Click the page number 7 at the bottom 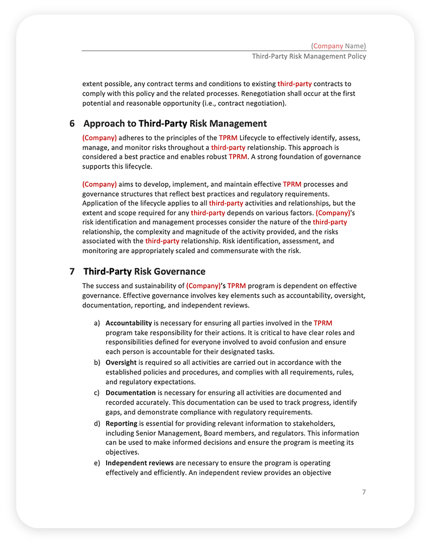point(364,492)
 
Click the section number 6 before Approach point(72,124)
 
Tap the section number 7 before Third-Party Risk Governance point(72,271)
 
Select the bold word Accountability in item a point(128,323)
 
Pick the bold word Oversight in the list point(121,362)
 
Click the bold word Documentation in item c point(130,393)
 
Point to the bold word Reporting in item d point(121,423)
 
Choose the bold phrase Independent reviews point(140,463)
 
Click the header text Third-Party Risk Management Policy point(309,56)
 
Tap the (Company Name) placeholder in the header point(339,46)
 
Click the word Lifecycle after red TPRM point(256,138)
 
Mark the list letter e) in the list point(97,463)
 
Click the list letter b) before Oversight point(97,362)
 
